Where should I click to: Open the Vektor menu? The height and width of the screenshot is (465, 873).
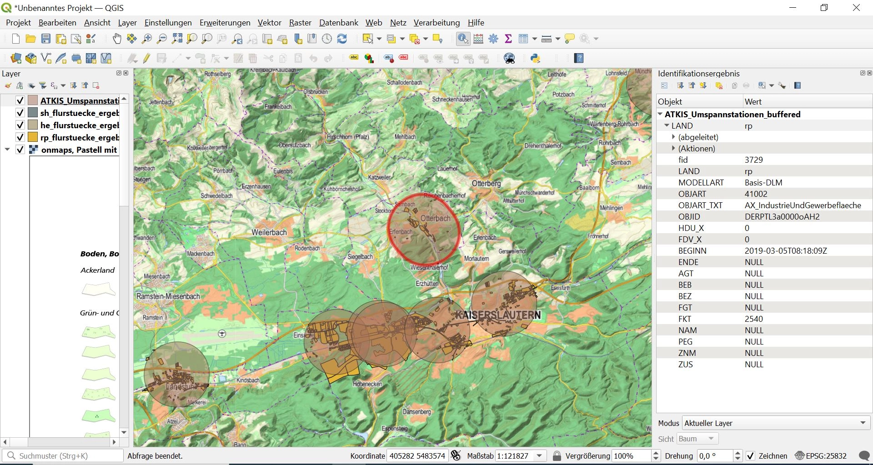(269, 23)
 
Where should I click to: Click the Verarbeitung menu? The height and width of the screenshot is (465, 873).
(436, 23)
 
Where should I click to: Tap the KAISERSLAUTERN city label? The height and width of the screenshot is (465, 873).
(498, 315)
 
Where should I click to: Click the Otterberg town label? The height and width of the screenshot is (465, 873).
(486, 184)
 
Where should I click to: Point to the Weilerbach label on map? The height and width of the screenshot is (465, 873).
(269, 232)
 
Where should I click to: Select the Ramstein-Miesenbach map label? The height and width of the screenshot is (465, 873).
(168, 296)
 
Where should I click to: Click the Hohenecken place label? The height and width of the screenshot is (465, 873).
(367, 384)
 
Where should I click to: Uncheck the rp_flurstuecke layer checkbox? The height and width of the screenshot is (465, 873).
(20, 137)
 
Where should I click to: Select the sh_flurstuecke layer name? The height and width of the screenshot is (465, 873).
(80, 113)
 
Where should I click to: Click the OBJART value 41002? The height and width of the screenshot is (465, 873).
(756, 194)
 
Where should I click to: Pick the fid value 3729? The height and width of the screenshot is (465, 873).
(753, 160)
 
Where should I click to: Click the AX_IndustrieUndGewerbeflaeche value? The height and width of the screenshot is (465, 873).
(803, 205)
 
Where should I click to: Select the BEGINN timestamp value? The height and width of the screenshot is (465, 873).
(785, 251)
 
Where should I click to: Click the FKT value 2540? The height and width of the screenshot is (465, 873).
(753, 319)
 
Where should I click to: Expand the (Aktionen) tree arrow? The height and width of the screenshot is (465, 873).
(673, 149)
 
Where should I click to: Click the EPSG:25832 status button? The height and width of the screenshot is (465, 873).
(821, 456)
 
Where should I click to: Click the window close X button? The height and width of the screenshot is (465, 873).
(856, 8)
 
